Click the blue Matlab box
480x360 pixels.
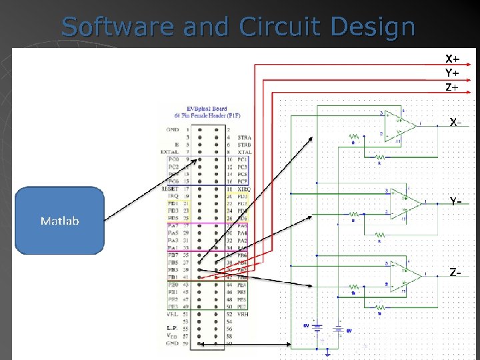coord(59,220)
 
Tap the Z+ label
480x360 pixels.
coord(452,87)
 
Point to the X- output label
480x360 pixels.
coord(455,123)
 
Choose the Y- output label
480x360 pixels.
coord(455,201)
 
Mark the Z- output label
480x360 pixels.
coord(455,273)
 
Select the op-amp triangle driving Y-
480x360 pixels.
coord(407,201)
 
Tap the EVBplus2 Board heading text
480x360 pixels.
coord(207,109)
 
